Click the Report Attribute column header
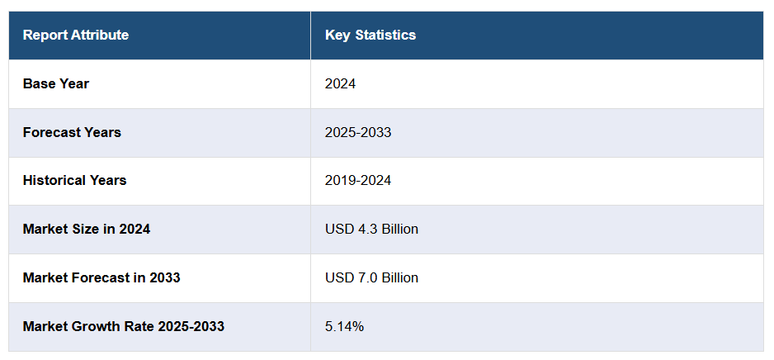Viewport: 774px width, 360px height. (76, 35)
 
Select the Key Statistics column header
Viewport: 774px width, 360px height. (370, 35)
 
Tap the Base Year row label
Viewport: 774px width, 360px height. (56, 83)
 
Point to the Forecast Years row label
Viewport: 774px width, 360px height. (72, 132)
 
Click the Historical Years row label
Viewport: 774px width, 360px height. (75, 180)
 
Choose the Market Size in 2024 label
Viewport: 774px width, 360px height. (87, 229)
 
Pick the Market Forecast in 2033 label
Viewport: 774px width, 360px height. (101, 277)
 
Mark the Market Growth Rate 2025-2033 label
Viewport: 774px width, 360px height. (124, 326)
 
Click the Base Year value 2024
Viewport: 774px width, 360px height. (341, 83)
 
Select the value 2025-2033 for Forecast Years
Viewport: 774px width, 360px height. (358, 132)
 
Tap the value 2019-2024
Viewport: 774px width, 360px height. (358, 180)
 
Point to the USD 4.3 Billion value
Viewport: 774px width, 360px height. (372, 229)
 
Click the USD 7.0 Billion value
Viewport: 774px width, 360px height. (372, 277)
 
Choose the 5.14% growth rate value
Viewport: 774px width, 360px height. (344, 326)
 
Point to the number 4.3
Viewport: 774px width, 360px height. (366, 229)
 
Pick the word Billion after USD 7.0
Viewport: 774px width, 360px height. (399, 277)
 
